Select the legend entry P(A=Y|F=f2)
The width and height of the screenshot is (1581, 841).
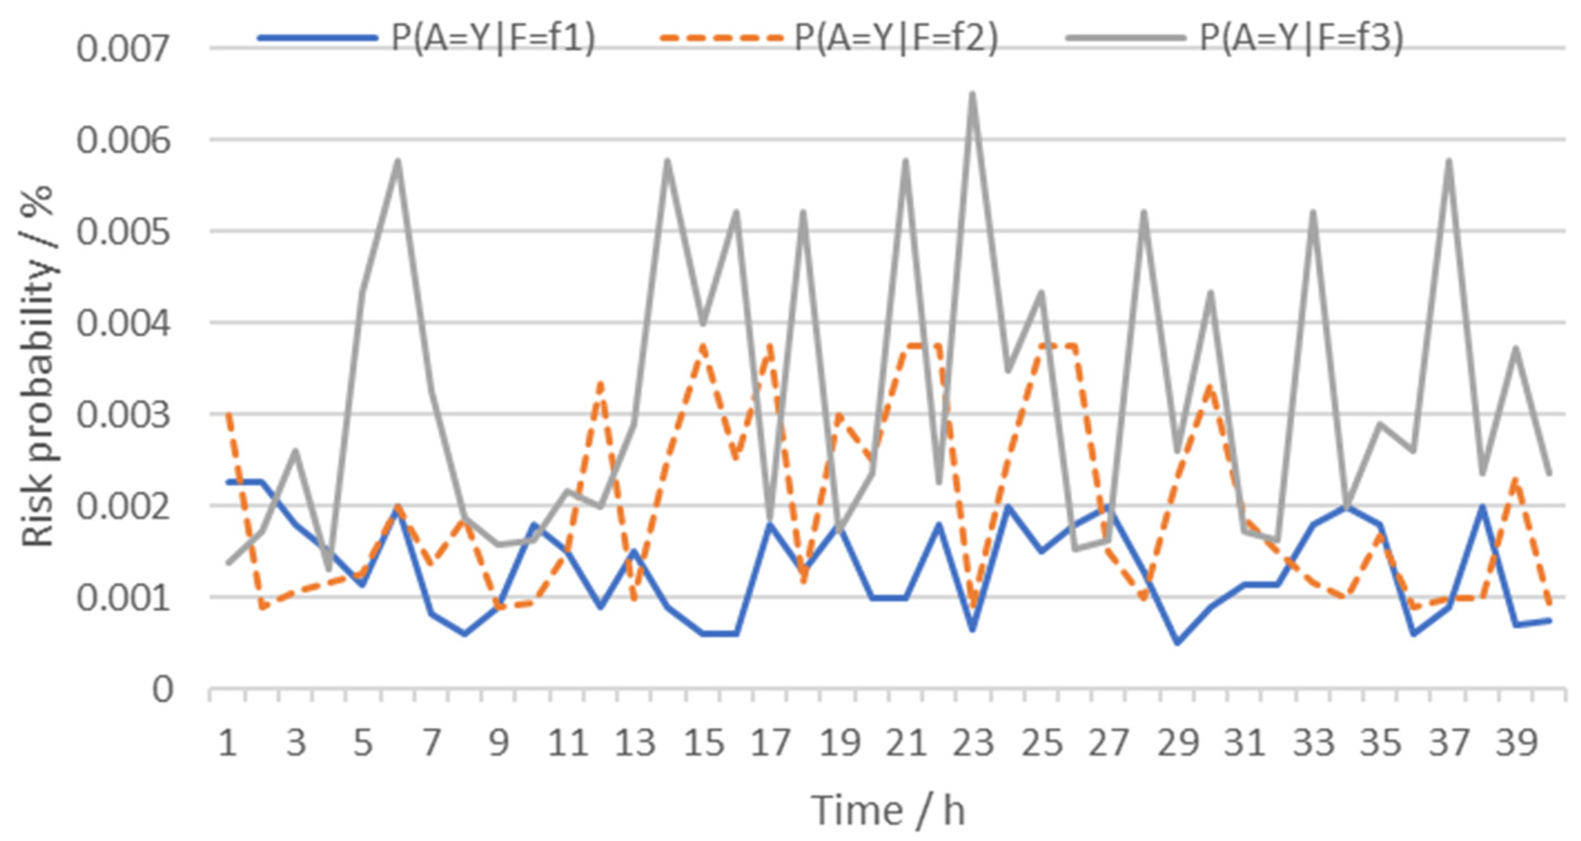click(x=897, y=38)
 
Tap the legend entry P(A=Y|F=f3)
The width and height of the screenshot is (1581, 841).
click(x=1301, y=38)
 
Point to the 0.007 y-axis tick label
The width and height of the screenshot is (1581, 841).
click(x=122, y=49)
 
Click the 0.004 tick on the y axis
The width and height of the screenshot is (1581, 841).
click(x=122, y=324)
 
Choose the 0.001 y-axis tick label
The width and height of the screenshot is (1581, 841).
click(x=122, y=599)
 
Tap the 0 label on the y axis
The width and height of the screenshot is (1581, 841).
click(x=163, y=690)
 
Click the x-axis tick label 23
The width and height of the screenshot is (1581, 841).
click(x=973, y=744)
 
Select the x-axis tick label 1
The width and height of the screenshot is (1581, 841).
click(x=228, y=744)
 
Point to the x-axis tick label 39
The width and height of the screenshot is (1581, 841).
click(x=1516, y=744)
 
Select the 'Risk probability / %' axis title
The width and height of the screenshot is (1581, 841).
click(x=38, y=367)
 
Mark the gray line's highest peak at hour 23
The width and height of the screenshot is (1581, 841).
click(x=973, y=94)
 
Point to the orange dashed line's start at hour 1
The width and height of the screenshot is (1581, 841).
click(x=228, y=413)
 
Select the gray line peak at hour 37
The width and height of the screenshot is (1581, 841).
click(x=1449, y=161)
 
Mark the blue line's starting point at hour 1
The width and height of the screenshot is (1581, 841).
click(x=228, y=482)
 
